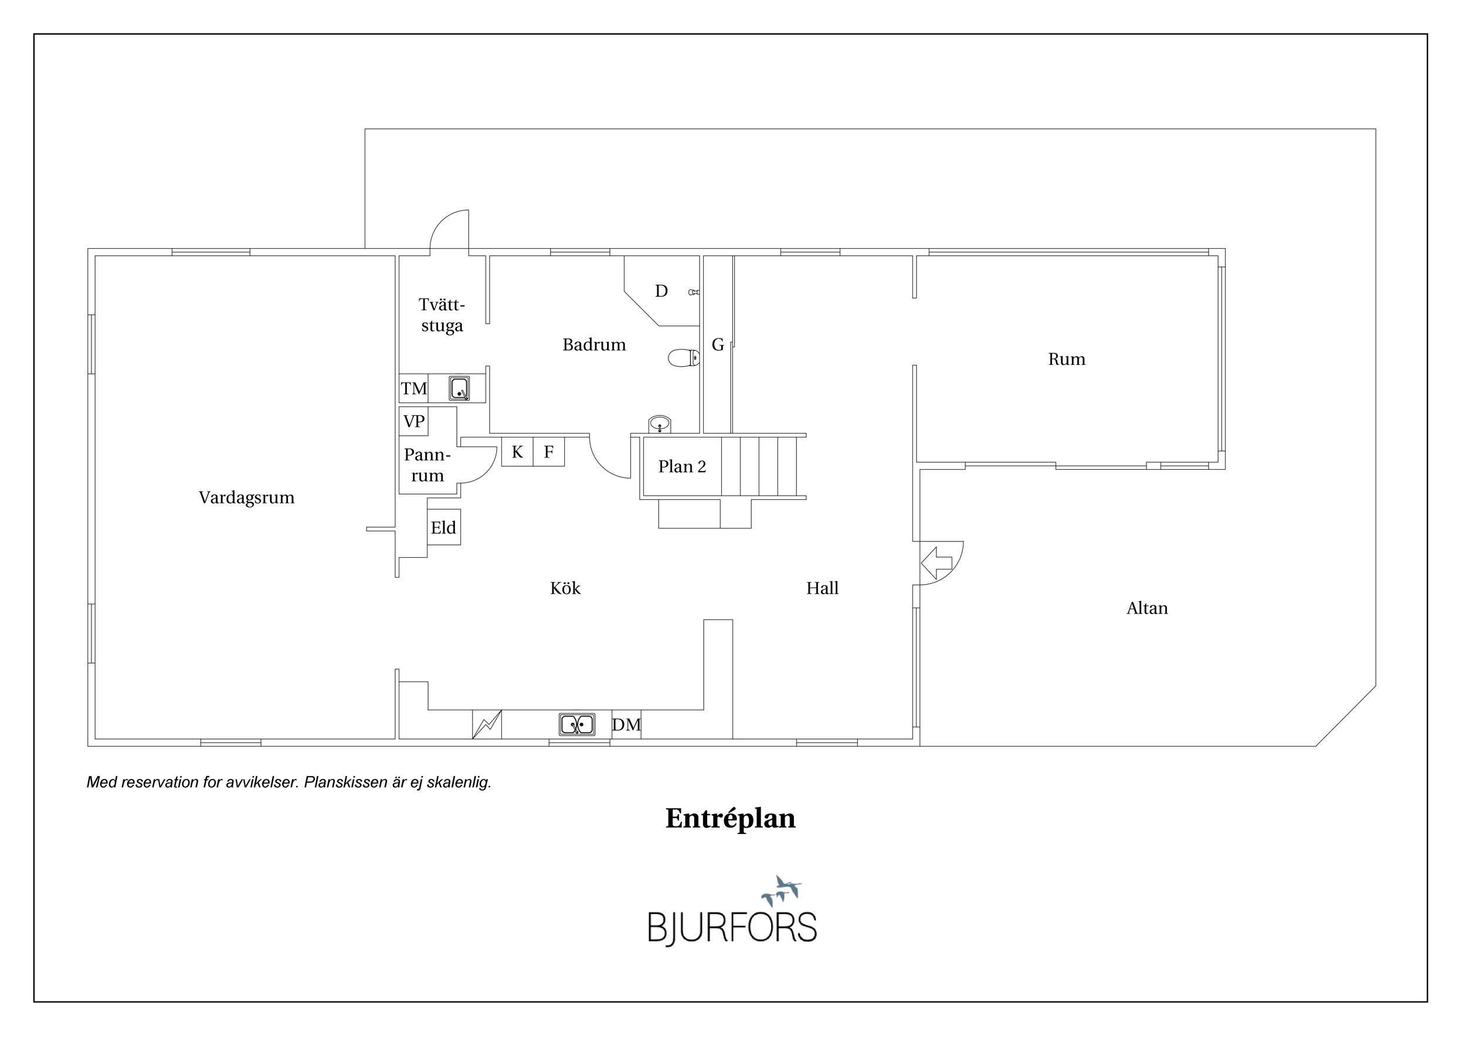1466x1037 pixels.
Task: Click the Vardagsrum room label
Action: pyautogui.click(x=246, y=498)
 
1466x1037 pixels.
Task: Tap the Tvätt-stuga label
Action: pyautogui.click(x=442, y=315)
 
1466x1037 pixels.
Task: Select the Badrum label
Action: pyautogui.click(x=594, y=345)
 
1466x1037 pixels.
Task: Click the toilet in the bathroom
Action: pyautogui.click(x=684, y=358)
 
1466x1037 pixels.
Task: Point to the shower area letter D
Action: pyautogui.click(x=661, y=291)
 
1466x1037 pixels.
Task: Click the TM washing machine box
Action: pyautogui.click(x=414, y=388)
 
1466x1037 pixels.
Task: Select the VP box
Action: pyautogui.click(x=414, y=422)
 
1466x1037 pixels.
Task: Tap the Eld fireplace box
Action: pyautogui.click(x=444, y=527)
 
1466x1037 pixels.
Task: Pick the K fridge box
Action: pyautogui.click(x=517, y=452)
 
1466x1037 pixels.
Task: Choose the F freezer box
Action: pyautogui.click(x=548, y=452)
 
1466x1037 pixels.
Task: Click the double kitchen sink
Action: pyautogui.click(x=577, y=725)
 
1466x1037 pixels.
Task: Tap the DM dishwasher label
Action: pyautogui.click(x=626, y=725)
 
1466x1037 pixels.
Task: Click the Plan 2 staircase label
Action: pyautogui.click(x=682, y=467)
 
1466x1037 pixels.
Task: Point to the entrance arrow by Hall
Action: pyautogui.click(x=936, y=563)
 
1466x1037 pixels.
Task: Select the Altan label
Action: pyautogui.click(x=1147, y=608)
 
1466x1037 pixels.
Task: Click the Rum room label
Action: pyautogui.click(x=1066, y=360)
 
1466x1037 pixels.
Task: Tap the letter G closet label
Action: pyautogui.click(x=718, y=345)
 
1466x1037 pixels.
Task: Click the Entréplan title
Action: pyautogui.click(x=731, y=819)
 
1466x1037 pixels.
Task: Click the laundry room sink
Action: pyautogui.click(x=459, y=388)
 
